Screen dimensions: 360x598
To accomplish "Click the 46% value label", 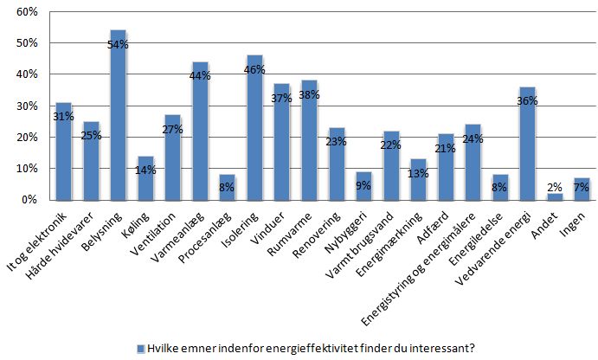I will click(256, 68).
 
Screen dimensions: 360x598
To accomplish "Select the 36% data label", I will click(528, 100).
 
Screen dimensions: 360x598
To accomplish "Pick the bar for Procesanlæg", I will click(200, 188).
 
